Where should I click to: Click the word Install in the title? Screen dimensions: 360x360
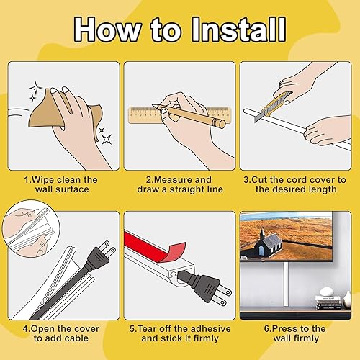[238, 30]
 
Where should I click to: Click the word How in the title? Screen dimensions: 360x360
[108, 30]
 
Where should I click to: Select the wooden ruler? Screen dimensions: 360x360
[179, 115]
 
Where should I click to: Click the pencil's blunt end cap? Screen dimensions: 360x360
[222, 123]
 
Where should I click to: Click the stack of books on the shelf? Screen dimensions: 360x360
[328, 302]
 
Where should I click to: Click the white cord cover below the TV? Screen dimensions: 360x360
[286, 284]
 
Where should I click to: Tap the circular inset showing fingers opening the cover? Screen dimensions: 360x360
[31, 229]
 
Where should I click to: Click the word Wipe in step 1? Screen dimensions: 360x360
[43, 180]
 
